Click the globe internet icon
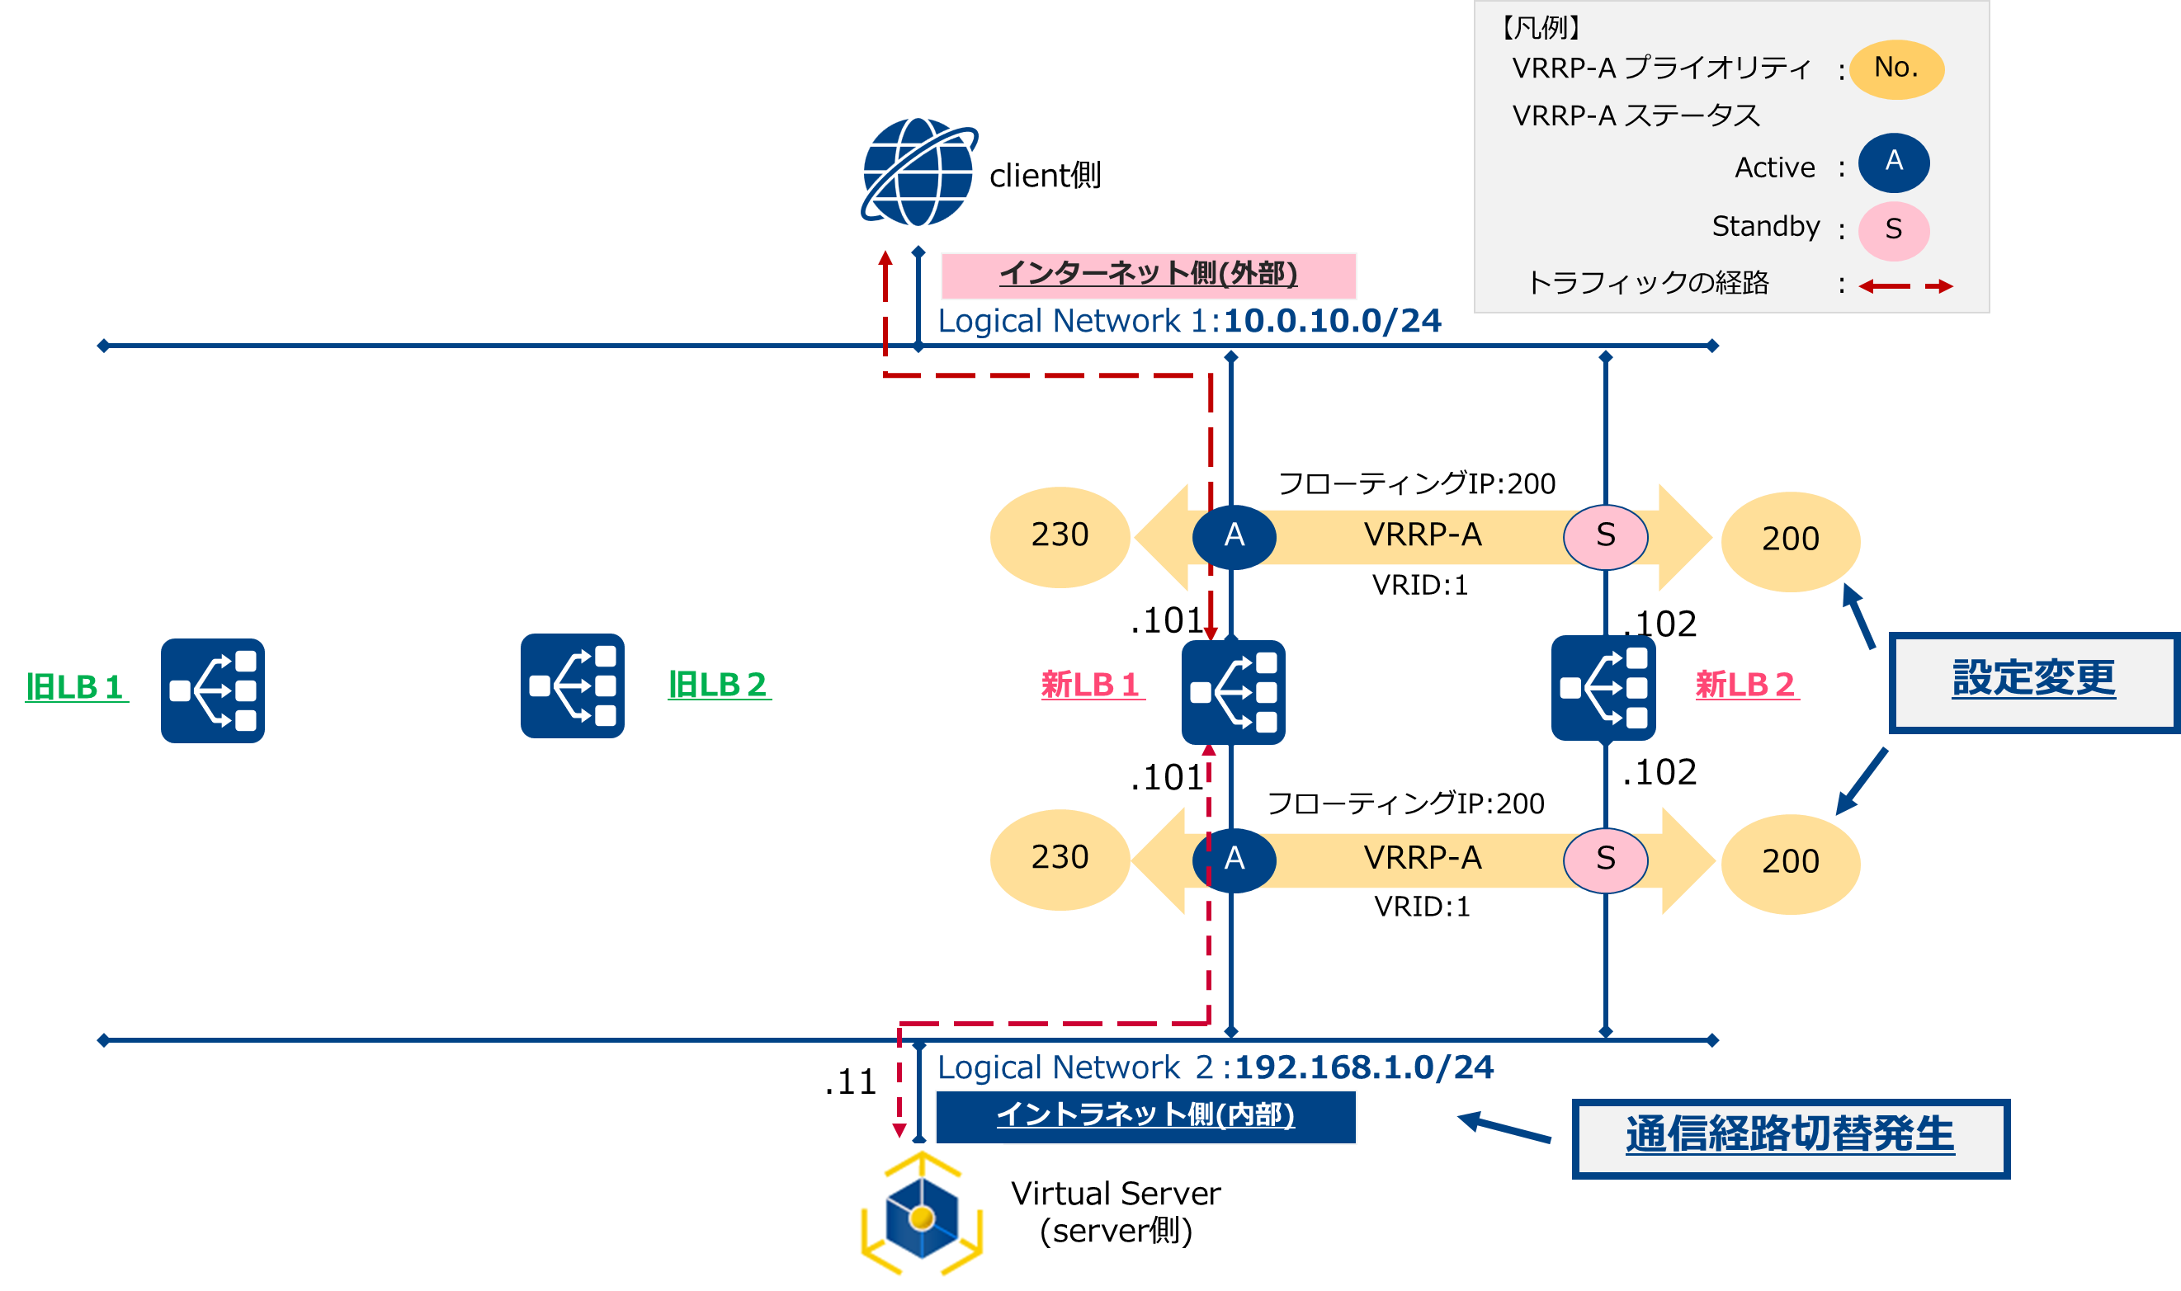[x=918, y=172]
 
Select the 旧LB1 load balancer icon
[x=212, y=690]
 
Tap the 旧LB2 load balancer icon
[x=573, y=686]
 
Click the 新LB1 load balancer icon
[x=1233, y=691]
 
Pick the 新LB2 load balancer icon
[x=1603, y=688]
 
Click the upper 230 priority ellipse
[x=1060, y=536]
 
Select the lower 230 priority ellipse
[x=1060, y=860]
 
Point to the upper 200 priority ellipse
[x=1791, y=541]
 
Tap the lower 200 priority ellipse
[x=1791, y=863]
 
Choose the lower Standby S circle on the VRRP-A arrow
[x=1605, y=860]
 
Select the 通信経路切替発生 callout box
[x=1790, y=1138]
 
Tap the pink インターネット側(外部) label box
[x=1148, y=275]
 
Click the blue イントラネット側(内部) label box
[x=1145, y=1116]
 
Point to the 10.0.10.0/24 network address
[x=1332, y=321]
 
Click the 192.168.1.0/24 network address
[x=1363, y=1067]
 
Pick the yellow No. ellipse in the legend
[x=1895, y=68]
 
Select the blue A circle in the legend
[x=1893, y=163]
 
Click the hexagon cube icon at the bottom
[x=919, y=1216]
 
